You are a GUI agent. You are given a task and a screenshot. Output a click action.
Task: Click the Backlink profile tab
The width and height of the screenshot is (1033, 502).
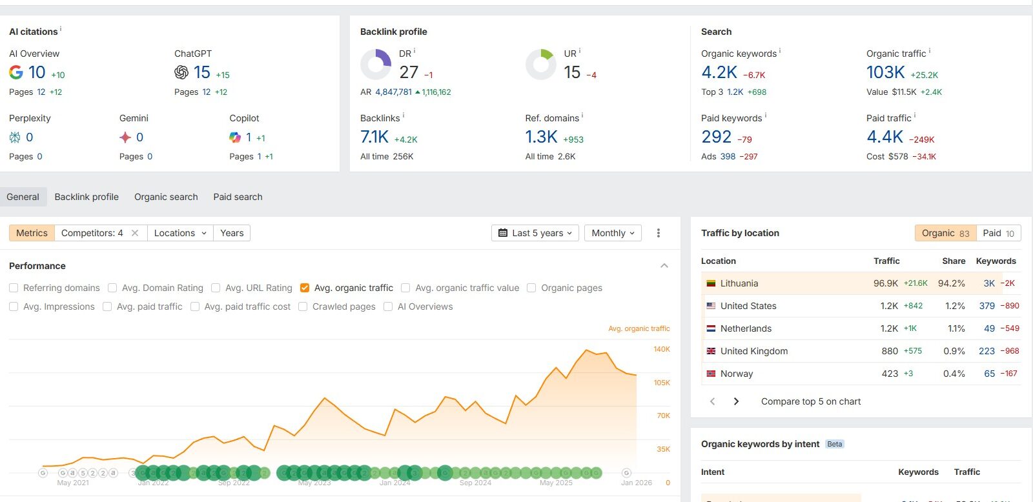pyautogui.click(x=87, y=197)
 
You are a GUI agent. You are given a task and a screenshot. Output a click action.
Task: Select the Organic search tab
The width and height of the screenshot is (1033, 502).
pyautogui.click(x=166, y=197)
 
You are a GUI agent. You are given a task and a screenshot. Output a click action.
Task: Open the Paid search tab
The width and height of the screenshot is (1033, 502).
pyautogui.click(x=238, y=197)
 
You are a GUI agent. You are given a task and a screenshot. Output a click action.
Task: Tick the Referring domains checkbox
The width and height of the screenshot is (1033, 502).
pyautogui.click(x=14, y=288)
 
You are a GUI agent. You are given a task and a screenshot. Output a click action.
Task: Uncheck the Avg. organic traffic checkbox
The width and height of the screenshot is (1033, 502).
pyautogui.click(x=305, y=288)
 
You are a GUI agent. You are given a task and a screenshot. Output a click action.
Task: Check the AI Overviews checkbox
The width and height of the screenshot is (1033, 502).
pyautogui.click(x=388, y=306)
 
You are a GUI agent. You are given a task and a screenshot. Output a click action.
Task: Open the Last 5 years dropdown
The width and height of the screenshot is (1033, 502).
pyautogui.click(x=535, y=233)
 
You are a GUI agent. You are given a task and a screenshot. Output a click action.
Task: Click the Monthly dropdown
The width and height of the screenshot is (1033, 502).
pyautogui.click(x=613, y=233)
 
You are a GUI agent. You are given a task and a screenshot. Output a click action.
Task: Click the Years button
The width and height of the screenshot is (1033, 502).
pyautogui.click(x=232, y=233)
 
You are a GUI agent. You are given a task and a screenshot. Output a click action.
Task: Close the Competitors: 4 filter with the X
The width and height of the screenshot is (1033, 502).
pyautogui.click(x=135, y=233)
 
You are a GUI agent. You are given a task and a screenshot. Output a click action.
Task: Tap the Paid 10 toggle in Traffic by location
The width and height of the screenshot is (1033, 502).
pyautogui.click(x=998, y=233)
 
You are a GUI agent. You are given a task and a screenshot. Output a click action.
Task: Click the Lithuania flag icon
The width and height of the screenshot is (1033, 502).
pyautogui.click(x=711, y=283)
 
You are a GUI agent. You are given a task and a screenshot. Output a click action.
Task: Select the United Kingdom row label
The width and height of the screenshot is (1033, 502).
pyautogui.click(x=753, y=351)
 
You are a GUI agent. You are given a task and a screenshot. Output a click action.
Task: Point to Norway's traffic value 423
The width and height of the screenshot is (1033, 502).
pyautogui.click(x=890, y=374)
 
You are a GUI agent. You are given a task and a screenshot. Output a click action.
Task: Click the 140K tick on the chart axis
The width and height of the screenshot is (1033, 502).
pyautogui.click(x=662, y=349)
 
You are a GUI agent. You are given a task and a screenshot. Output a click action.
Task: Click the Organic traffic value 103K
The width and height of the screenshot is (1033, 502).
pyautogui.click(x=885, y=72)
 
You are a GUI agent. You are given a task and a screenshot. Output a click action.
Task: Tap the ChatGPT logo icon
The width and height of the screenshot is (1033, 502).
pyautogui.click(x=181, y=72)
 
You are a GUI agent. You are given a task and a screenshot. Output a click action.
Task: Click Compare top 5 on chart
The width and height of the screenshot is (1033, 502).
pyautogui.click(x=810, y=401)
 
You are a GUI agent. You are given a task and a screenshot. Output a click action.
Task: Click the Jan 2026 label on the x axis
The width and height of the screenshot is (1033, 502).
pyautogui.click(x=636, y=483)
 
